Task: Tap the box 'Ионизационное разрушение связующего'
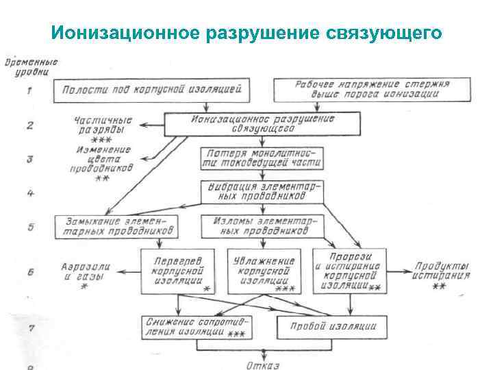point(262,124)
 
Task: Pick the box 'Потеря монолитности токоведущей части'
point(262,158)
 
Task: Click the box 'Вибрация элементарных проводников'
point(262,192)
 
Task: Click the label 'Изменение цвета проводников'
point(103,160)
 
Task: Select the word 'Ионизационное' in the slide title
point(123,33)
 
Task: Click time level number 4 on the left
point(30,193)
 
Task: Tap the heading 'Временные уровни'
point(31,66)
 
